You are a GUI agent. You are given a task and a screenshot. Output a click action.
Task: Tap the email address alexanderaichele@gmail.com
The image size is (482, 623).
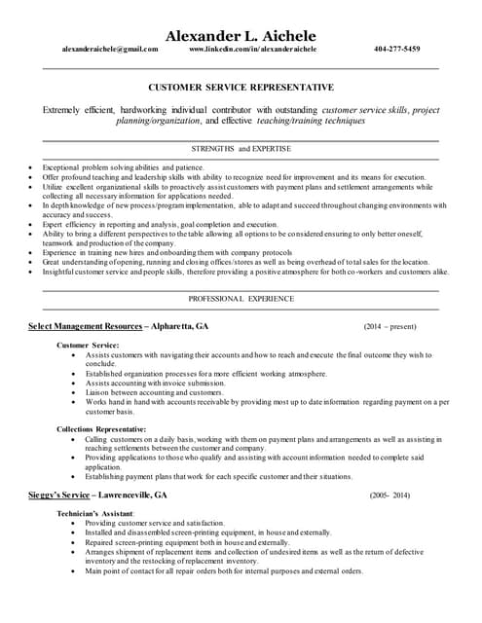click(109, 49)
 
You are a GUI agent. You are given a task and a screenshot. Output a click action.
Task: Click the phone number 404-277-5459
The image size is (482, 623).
click(396, 49)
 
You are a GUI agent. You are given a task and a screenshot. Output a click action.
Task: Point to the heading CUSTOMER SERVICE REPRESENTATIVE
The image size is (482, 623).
click(241, 88)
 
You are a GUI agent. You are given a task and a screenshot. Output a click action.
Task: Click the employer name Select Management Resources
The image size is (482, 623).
click(85, 326)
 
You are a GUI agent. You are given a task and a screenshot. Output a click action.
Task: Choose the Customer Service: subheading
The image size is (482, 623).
click(88, 346)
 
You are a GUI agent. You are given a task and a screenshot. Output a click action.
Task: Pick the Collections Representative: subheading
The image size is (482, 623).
click(101, 429)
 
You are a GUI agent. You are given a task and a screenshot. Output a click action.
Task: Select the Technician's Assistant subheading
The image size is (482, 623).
click(95, 512)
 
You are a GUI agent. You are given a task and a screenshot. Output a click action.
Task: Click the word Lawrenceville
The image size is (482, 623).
click(129, 495)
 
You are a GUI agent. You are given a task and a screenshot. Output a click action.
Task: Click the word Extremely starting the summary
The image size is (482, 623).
click(63, 111)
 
